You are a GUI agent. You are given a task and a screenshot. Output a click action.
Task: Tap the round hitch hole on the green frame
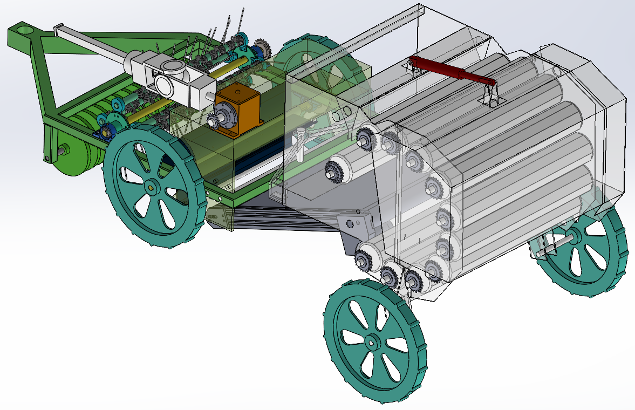tap(24, 28)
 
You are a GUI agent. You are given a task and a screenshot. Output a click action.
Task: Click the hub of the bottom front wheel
tap(373, 341)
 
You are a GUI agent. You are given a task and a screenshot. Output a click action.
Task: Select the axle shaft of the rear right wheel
tap(556, 243)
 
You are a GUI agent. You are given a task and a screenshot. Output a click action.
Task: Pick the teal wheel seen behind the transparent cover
tap(324, 59)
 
